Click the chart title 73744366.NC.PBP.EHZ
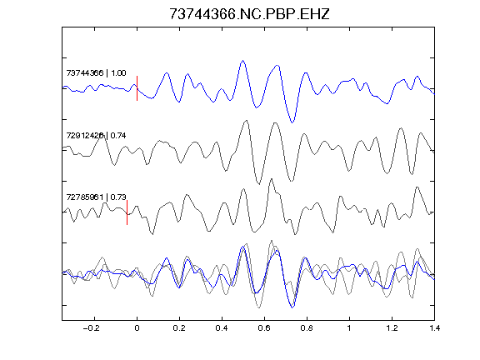coord(249,14)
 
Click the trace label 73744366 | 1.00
coord(96,73)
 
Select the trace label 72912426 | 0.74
coord(96,136)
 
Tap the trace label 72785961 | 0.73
coord(96,197)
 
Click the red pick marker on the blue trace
coord(137,88)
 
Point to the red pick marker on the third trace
coord(127,212)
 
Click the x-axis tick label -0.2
coord(92,328)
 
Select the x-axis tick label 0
coord(137,328)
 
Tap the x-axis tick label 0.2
coord(179,328)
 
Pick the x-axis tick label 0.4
coord(222,328)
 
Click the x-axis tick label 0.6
coord(264,328)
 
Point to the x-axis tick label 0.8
coord(307,328)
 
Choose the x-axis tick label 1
coord(349,328)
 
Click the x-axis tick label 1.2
coord(392,328)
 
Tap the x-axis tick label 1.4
coord(434,328)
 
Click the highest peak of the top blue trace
coord(243,60)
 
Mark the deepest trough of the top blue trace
coord(292,122)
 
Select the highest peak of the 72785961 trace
coord(271,179)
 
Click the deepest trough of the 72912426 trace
coord(259,184)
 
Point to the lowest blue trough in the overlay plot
coord(292,307)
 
